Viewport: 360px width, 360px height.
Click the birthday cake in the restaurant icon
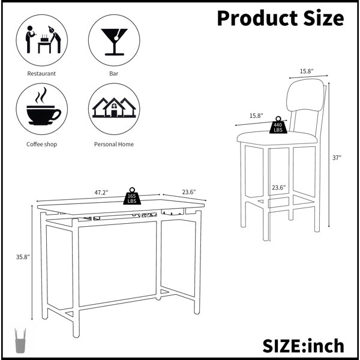click(44, 38)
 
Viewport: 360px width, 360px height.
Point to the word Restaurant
click(41, 73)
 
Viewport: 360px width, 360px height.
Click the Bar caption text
click(113, 73)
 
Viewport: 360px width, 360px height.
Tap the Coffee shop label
click(41, 145)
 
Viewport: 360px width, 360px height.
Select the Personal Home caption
click(114, 145)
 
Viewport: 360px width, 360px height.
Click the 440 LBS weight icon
click(278, 125)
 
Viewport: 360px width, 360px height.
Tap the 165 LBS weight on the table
click(132, 196)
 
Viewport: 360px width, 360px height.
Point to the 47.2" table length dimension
click(101, 193)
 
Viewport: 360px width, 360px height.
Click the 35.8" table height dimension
click(23, 257)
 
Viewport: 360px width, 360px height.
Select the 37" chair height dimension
click(337, 158)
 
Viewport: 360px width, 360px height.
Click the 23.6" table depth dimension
click(189, 192)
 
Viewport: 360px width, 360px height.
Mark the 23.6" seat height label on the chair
click(279, 188)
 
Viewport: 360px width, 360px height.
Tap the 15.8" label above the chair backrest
click(307, 71)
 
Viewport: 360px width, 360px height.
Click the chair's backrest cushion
click(305, 95)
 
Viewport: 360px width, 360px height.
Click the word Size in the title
click(324, 18)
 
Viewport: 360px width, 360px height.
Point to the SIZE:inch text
click(303, 346)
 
